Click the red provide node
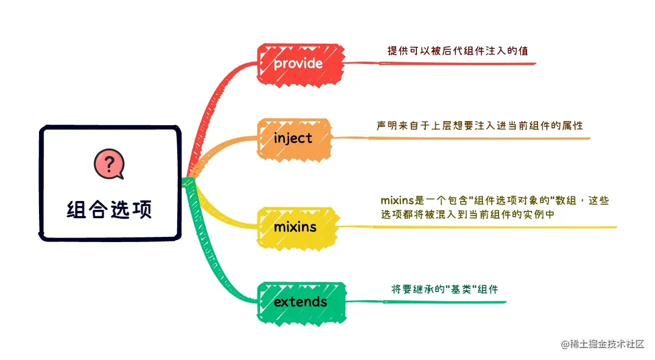click(300, 63)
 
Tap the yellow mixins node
click(295, 227)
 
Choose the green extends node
click(301, 302)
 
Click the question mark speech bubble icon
click(109, 164)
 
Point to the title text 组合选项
click(110, 210)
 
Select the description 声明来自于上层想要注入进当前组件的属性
click(480, 125)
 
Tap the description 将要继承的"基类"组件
click(444, 289)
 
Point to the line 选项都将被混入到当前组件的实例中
click(468, 214)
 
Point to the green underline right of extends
click(426, 302)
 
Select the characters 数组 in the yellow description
click(564, 201)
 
